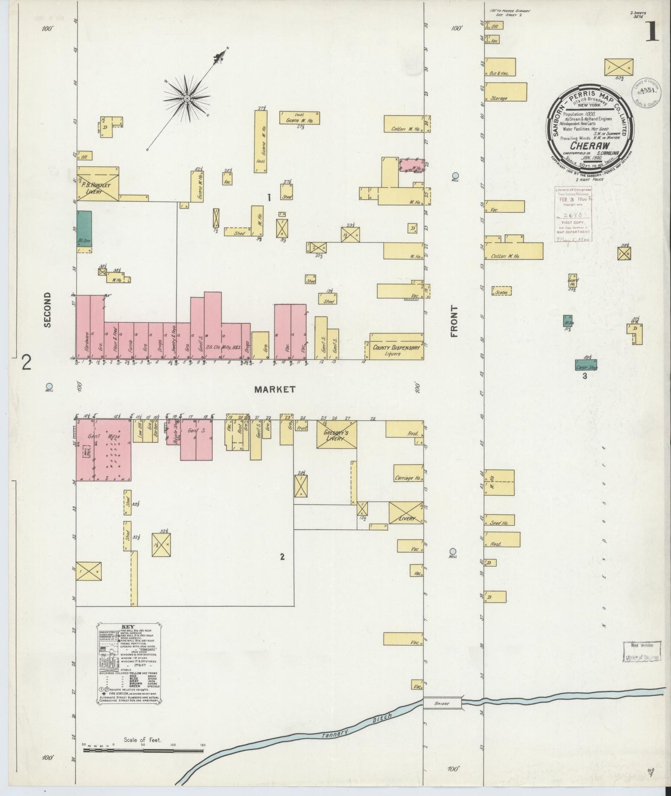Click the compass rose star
[x=186, y=98]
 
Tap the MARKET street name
[x=274, y=390]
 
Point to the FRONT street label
[x=454, y=321]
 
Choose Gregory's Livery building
[x=336, y=435]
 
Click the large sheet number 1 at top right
[x=651, y=33]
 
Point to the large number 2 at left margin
[x=26, y=362]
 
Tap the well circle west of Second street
[x=49, y=386]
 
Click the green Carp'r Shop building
[x=586, y=365]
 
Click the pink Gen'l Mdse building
[x=104, y=450]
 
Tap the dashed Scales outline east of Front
[x=502, y=291]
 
